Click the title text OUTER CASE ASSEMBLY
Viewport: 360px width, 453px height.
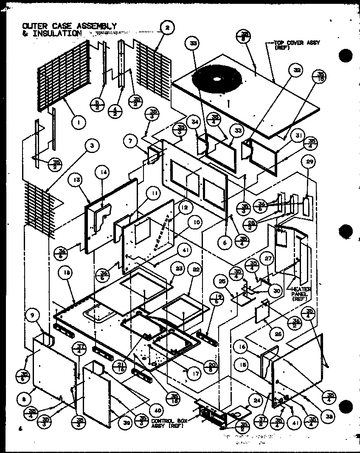69,26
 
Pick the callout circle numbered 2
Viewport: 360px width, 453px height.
167,28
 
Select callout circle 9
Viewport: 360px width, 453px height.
32,315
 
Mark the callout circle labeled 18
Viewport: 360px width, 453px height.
67,275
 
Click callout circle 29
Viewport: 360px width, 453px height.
309,161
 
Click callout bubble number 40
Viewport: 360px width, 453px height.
157,411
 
